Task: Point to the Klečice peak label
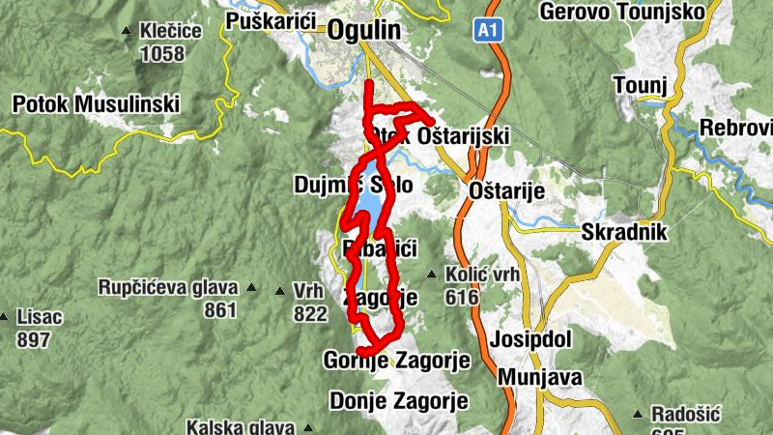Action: pos(170,31)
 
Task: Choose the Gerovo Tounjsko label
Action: pos(624,12)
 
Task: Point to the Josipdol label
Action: pos(531,340)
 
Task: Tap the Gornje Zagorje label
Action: pos(396,361)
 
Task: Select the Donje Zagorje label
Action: pos(399,399)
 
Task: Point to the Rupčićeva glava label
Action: pos(168,287)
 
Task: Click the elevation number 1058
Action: pos(161,53)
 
